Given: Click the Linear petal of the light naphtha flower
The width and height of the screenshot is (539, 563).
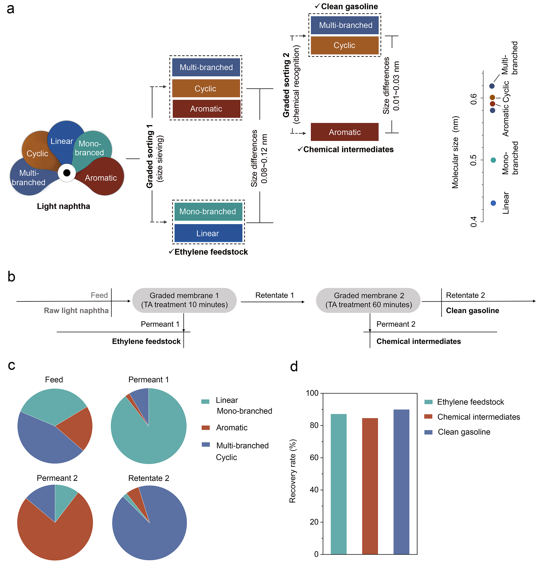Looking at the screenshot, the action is tap(64, 141).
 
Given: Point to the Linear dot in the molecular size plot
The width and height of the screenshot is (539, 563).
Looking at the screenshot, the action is tap(493, 203).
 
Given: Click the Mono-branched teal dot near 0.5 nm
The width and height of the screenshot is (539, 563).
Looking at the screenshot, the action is tap(493, 160).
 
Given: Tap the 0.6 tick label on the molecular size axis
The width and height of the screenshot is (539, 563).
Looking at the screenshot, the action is tap(474, 99).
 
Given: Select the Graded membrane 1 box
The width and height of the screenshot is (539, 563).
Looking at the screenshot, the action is tap(184, 300).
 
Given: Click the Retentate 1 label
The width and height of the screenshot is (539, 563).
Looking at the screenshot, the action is tap(274, 295).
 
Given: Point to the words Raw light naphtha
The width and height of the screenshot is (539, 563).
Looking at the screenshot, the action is tap(76, 311).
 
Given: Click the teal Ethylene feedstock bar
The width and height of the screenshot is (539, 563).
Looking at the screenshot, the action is tap(339, 484).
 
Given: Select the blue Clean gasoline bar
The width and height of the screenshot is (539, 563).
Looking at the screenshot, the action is tap(401, 482).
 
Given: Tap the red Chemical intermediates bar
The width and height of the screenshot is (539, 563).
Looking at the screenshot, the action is tap(370, 486).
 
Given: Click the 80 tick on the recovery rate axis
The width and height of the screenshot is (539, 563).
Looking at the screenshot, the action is tap(314, 425).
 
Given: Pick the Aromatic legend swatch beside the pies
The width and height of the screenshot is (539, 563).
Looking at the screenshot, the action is tap(206, 428).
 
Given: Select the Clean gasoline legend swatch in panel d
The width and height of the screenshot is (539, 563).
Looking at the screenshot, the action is tap(428, 432).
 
